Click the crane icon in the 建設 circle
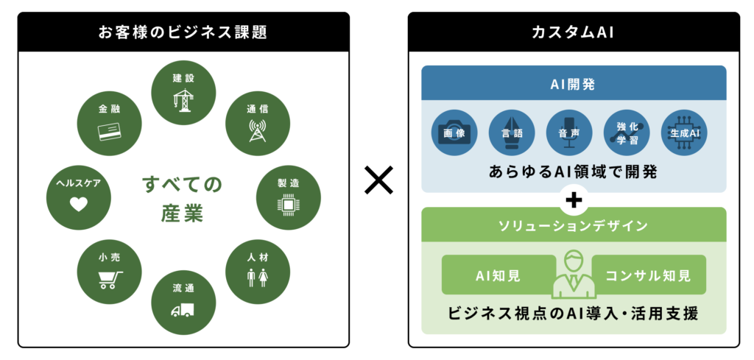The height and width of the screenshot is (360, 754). (x=183, y=99)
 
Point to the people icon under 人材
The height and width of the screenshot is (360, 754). (x=258, y=278)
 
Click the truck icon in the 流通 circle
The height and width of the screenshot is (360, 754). (x=182, y=310)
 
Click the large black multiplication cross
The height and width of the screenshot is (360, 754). (x=378, y=180)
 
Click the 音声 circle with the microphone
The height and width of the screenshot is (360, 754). (x=569, y=133)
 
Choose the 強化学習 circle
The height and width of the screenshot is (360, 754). (x=627, y=133)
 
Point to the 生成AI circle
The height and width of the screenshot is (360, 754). (x=684, y=133)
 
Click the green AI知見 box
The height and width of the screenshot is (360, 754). (x=497, y=275)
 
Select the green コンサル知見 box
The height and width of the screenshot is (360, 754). (x=648, y=275)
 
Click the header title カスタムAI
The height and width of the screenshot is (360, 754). (x=574, y=32)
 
